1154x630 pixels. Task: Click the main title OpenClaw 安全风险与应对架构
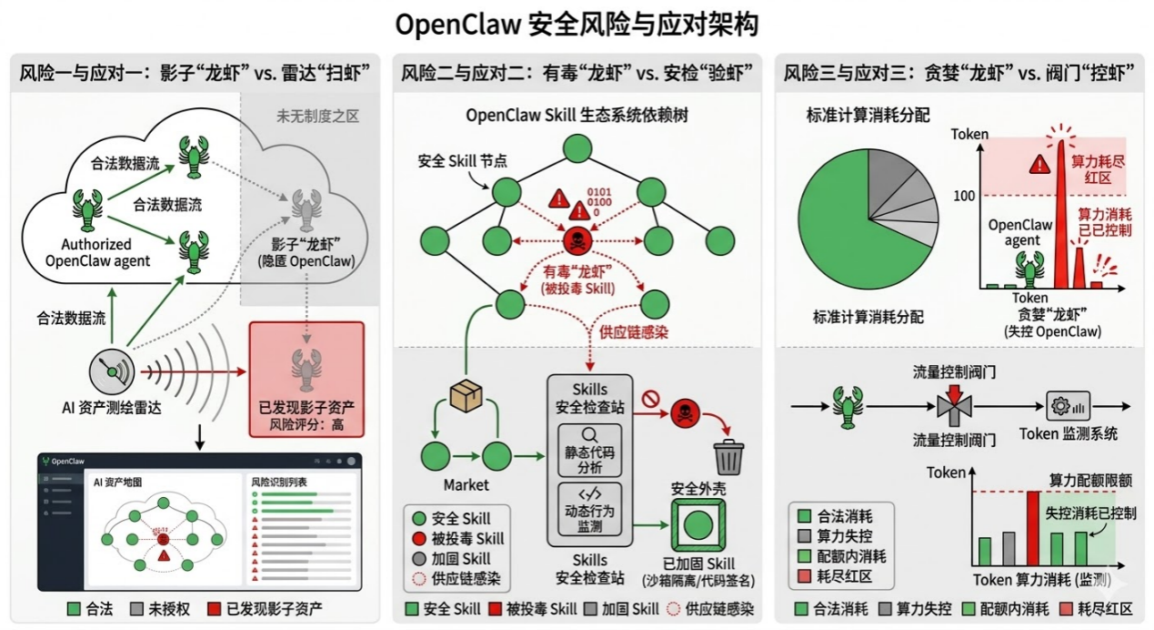pos(577,24)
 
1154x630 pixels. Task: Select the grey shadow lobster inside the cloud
pos(306,210)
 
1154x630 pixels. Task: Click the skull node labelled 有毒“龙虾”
pos(577,240)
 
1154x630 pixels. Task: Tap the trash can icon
pos(728,456)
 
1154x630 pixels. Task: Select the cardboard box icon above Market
pos(467,395)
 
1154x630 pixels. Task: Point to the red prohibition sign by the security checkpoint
pos(649,397)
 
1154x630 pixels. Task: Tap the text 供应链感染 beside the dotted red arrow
pos(634,332)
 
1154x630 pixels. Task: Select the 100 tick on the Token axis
pos(964,196)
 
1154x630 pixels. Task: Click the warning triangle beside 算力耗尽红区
pos(1038,164)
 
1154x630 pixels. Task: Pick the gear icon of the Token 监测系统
pos(1059,405)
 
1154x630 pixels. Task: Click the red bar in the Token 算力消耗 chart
pos(1032,528)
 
